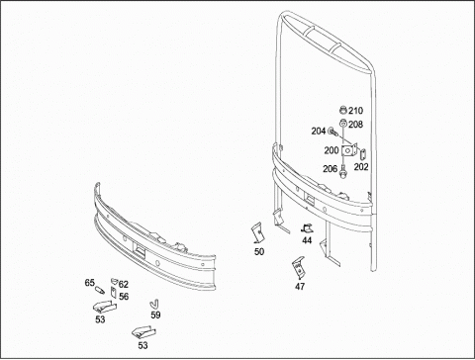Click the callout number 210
pos(355,111)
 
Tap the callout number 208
pos(355,125)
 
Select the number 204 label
pos(319,132)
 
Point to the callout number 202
pos(361,167)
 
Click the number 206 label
pos(330,169)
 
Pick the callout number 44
pos(307,240)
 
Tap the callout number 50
pos(259,251)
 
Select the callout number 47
pos(300,287)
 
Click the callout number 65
pos(90,283)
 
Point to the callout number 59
pos(155,315)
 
